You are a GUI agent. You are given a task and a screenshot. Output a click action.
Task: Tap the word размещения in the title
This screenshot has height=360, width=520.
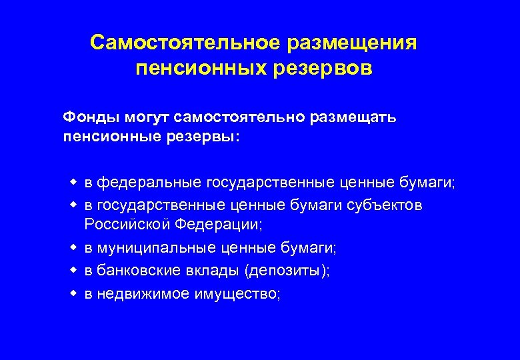[353, 43]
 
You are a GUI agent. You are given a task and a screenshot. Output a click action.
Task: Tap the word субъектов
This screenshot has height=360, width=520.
[385, 205]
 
